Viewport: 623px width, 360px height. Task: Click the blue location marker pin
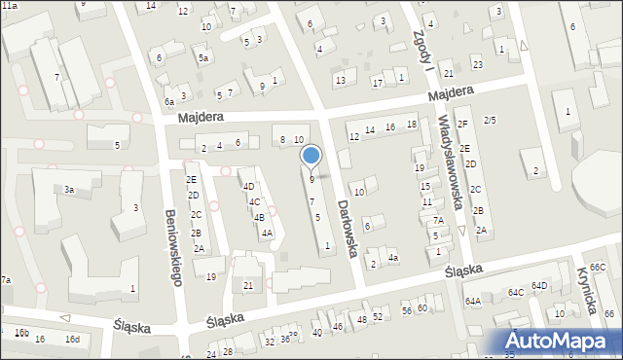coord(311,156)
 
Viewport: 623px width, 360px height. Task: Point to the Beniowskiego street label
coord(173,248)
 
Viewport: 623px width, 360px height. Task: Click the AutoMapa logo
coord(560,341)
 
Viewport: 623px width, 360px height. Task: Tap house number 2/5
coord(490,120)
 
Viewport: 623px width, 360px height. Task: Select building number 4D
coord(248,186)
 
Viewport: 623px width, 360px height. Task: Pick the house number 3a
coord(69,190)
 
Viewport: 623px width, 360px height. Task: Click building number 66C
coord(597,267)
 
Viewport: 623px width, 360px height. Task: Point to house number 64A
coord(472,301)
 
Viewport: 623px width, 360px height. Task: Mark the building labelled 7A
coord(439,221)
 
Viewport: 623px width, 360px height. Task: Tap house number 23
coord(477,64)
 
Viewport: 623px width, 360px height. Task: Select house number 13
coord(340,80)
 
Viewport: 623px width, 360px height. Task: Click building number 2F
coord(462,124)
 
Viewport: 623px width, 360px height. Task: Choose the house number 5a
coord(203,58)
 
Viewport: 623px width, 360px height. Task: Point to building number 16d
coord(71,339)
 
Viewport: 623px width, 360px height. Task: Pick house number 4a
coord(392,258)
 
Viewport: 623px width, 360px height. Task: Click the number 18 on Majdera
coord(412,125)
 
